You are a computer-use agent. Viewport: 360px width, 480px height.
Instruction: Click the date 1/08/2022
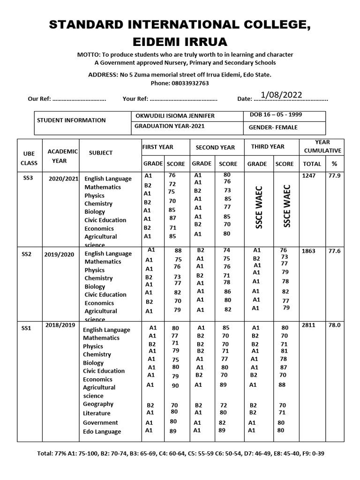tap(281, 95)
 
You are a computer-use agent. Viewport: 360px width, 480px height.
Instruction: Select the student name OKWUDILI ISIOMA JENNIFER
tap(175, 116)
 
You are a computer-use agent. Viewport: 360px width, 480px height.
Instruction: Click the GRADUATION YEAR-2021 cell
tap(169, 126)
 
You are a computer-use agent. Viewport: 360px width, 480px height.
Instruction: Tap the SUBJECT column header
tap(100, 153)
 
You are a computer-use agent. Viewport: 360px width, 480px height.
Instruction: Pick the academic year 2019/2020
tap(59, 255)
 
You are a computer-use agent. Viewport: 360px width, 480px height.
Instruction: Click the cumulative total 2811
tap(308, 324)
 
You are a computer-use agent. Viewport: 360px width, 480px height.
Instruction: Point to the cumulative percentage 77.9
tap(334, 175)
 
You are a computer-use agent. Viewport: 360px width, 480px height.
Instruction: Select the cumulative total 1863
tap(308, 251)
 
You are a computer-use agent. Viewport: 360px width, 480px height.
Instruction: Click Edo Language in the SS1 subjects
tap(102, 432)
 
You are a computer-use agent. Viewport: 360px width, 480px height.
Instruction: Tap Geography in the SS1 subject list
tap(98, 404)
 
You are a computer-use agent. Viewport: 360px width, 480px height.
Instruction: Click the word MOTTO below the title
tap(89, 55)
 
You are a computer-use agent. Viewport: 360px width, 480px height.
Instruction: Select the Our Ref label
tap(38, 99)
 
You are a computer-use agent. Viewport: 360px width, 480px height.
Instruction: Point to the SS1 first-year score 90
tap(175, 386)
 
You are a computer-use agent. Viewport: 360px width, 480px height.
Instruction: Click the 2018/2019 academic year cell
tap(60, 324)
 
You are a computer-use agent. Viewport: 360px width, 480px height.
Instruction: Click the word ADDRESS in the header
tap(103, 75)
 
